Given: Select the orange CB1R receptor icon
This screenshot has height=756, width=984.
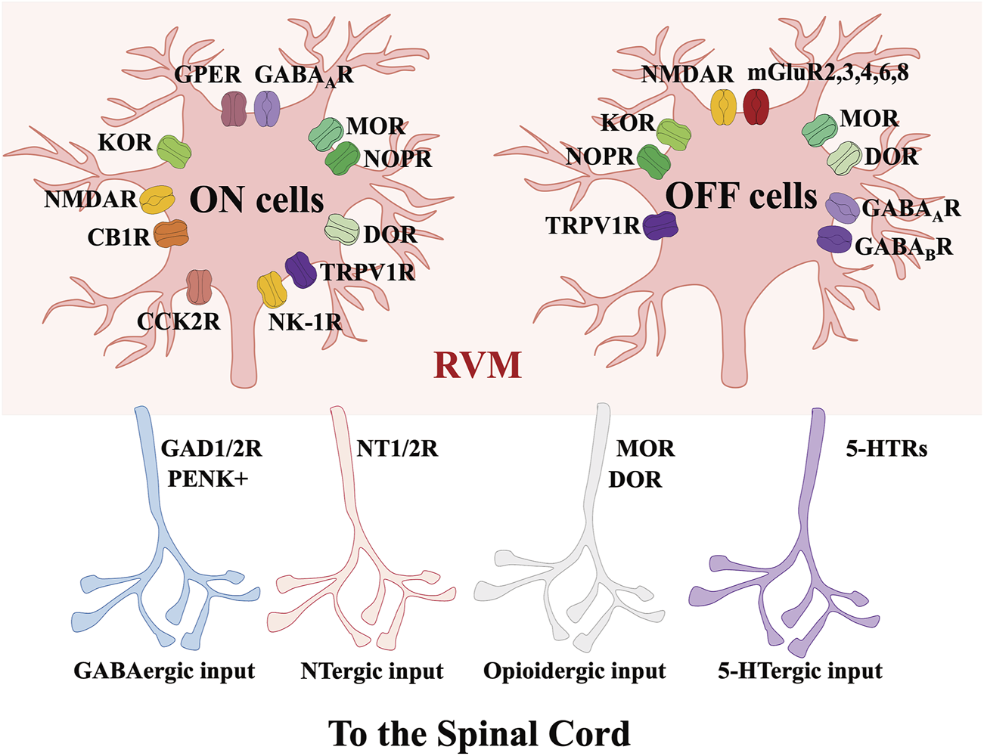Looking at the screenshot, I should click(x=171, y=234).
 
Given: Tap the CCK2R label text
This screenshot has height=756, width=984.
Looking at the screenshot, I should click(x=178, y=321).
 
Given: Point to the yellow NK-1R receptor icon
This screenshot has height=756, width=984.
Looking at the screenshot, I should click(x=271, y=290).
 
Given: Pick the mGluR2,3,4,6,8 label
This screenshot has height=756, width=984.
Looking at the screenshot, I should click(x=827, y=73).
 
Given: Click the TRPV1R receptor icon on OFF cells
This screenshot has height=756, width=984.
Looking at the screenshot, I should click(x=660, y=225).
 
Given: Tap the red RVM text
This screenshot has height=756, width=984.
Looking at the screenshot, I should click(x=478, y=365).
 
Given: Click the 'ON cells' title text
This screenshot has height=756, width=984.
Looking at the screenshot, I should click(x=256, y=200).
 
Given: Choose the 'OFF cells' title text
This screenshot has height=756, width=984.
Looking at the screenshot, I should click(x=741, y=197).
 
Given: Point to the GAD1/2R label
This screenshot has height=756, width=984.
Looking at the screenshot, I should click(x=211, y=448).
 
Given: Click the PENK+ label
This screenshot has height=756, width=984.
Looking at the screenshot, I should click(x=207, y=479).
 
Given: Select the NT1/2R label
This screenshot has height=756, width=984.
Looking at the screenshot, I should click(x=397, y=448).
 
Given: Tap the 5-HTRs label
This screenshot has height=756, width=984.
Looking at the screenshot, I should click(x=886, y=449).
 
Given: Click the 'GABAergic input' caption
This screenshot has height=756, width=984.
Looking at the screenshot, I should click(x=164, y=671).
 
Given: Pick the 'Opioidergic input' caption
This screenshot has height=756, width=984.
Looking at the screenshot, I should click(x=574, y=671).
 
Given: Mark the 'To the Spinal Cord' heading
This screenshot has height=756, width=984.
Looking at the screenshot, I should click(x=479, y=733).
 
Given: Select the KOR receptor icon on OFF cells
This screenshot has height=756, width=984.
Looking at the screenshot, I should click(x=673, y=132).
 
